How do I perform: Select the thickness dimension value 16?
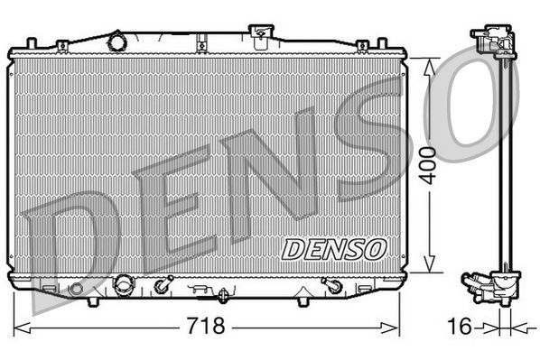click(461, 326)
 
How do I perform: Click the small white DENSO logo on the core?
click(333, 246)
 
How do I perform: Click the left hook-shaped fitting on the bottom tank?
click(162, 286)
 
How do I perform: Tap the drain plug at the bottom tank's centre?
click(222, 294)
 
